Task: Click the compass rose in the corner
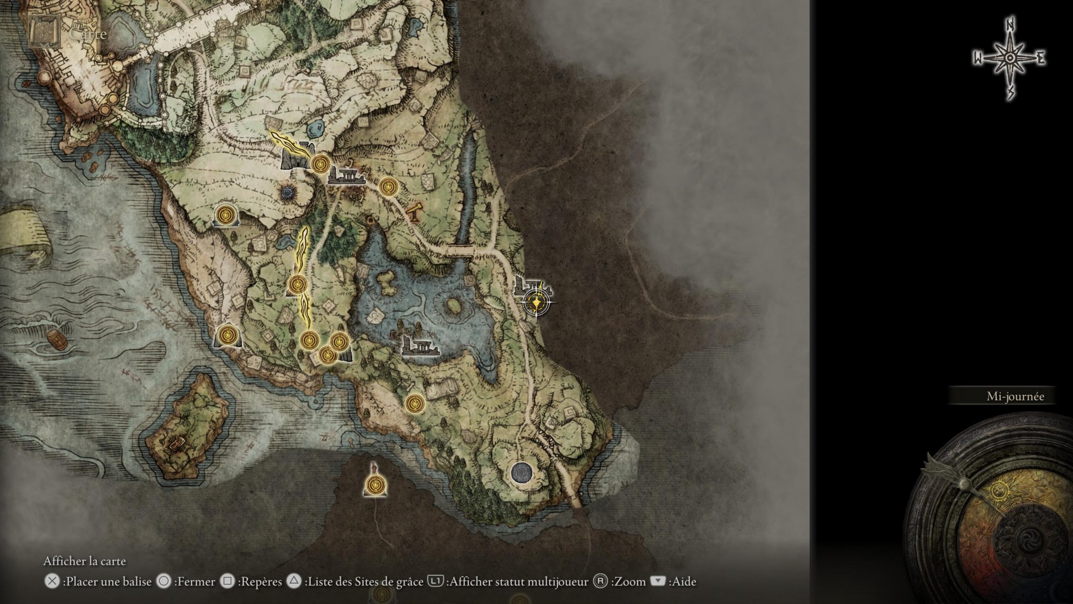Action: tap(1009, 59)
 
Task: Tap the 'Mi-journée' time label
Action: tap(1015, 396)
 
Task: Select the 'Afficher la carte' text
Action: tap(84, 561)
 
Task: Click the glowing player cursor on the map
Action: tap(536, 303)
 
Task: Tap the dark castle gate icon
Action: tap(296, 156)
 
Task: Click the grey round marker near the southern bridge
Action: tap(521, 472)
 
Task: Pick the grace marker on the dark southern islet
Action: tap(375, 485)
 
